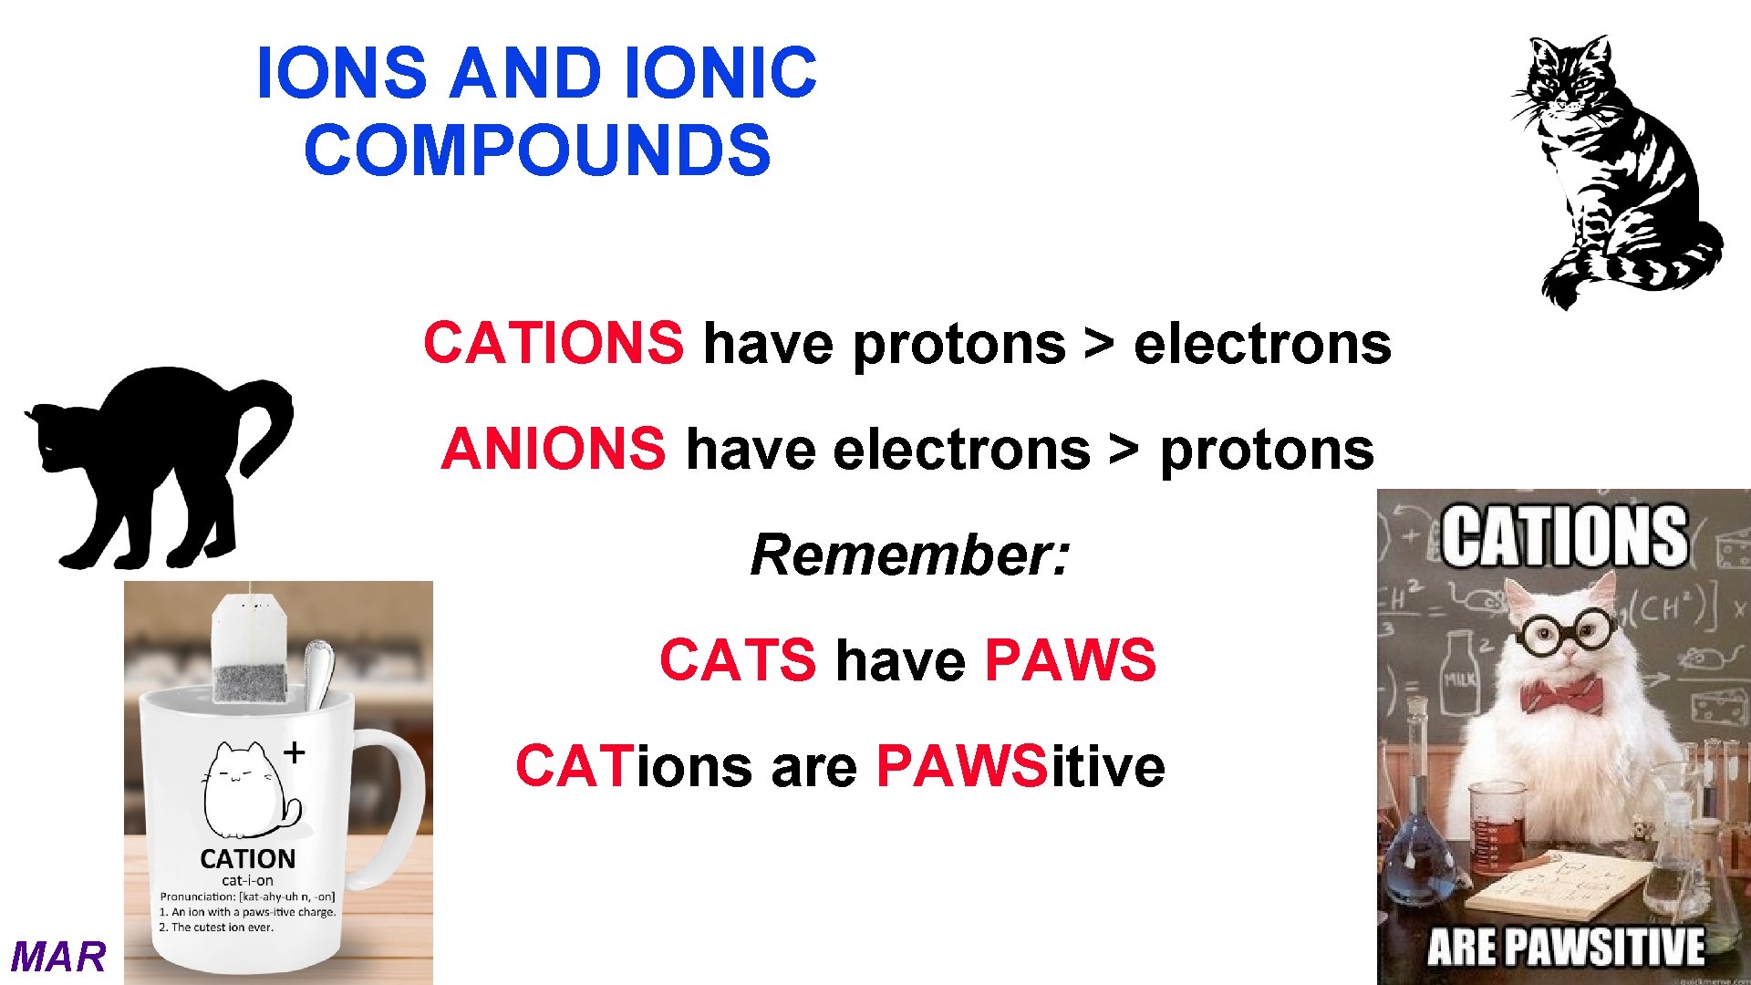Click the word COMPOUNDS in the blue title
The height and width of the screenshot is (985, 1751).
point(537,150)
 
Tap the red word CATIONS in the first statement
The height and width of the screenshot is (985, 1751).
point(553,343)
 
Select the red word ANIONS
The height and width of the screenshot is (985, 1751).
point(554,449)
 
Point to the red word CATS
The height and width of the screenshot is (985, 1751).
point(737,659)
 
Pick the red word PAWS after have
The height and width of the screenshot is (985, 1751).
point(1070,659)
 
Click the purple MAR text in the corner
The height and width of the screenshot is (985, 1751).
point(58,957)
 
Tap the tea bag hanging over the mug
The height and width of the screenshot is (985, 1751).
point(250,652)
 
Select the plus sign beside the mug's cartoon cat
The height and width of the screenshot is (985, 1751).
point(294,752)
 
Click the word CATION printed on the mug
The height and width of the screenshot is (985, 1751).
point(247,858)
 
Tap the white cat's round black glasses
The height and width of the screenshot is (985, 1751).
point(1564,631)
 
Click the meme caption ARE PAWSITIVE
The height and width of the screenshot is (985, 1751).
point(1565,947)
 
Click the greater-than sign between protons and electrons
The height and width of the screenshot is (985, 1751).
point(1099,343)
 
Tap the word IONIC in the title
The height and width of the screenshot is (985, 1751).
point(720,73)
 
